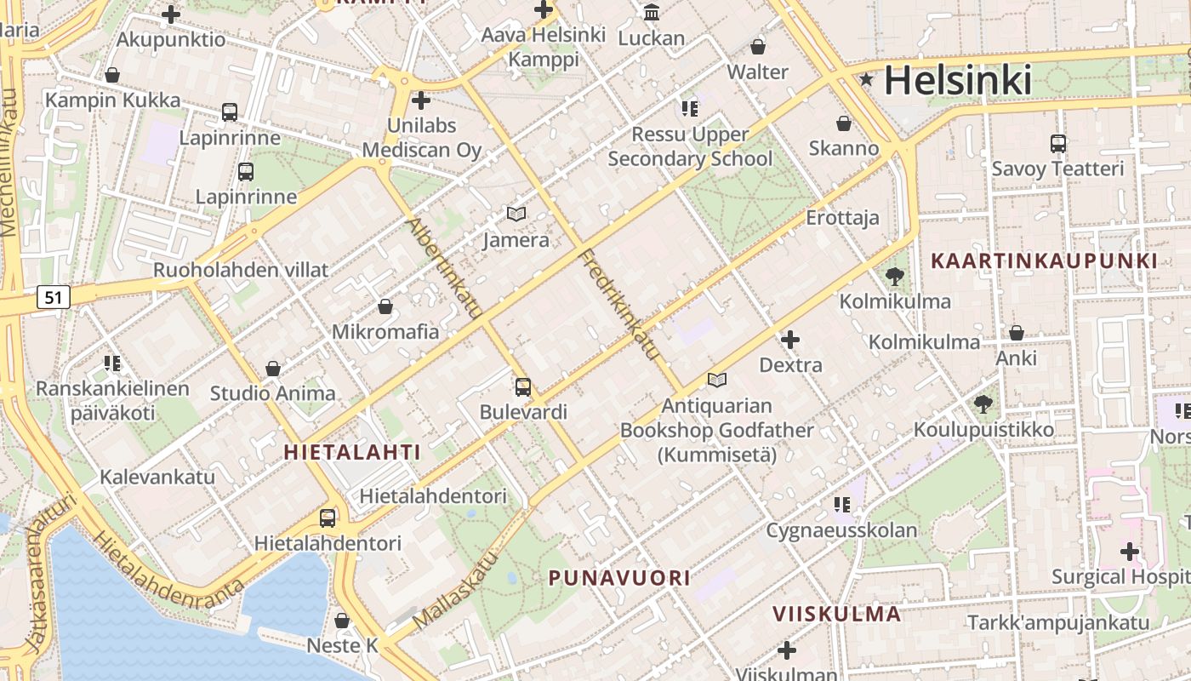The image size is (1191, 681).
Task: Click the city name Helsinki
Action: click(x=957, y=80)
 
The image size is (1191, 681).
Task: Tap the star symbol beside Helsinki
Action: click(x=867, y=80)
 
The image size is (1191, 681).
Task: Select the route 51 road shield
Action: click(x=54, y=297)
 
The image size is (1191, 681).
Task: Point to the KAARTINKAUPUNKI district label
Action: click(x=1045, y=260)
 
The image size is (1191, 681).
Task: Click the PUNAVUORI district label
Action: click(x=619, y=578)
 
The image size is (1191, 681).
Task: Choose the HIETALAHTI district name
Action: click(x=352, y=452)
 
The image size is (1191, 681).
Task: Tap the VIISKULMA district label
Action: click(x=836, y=614)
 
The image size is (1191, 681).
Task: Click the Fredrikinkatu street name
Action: click(x=620, y=303)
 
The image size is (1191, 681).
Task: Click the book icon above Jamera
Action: click(x=516, y=214)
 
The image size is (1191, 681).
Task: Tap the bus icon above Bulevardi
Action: click(x=523, y=386)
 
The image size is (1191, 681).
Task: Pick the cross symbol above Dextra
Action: click(x=790, y=340)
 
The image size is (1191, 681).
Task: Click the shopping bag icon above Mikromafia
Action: click(x=385, y=306)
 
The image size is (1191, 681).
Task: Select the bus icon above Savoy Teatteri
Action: click(x=1058, y=143)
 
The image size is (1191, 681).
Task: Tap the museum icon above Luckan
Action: click(x=652, y=12)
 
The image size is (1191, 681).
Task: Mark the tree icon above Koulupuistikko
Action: click(x=983, y=403)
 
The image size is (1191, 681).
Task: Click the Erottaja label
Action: click(x=842, y=218)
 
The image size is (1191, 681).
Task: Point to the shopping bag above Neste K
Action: click(x=342, y=621)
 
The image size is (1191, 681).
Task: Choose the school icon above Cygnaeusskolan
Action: click(x=842, y=505)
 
